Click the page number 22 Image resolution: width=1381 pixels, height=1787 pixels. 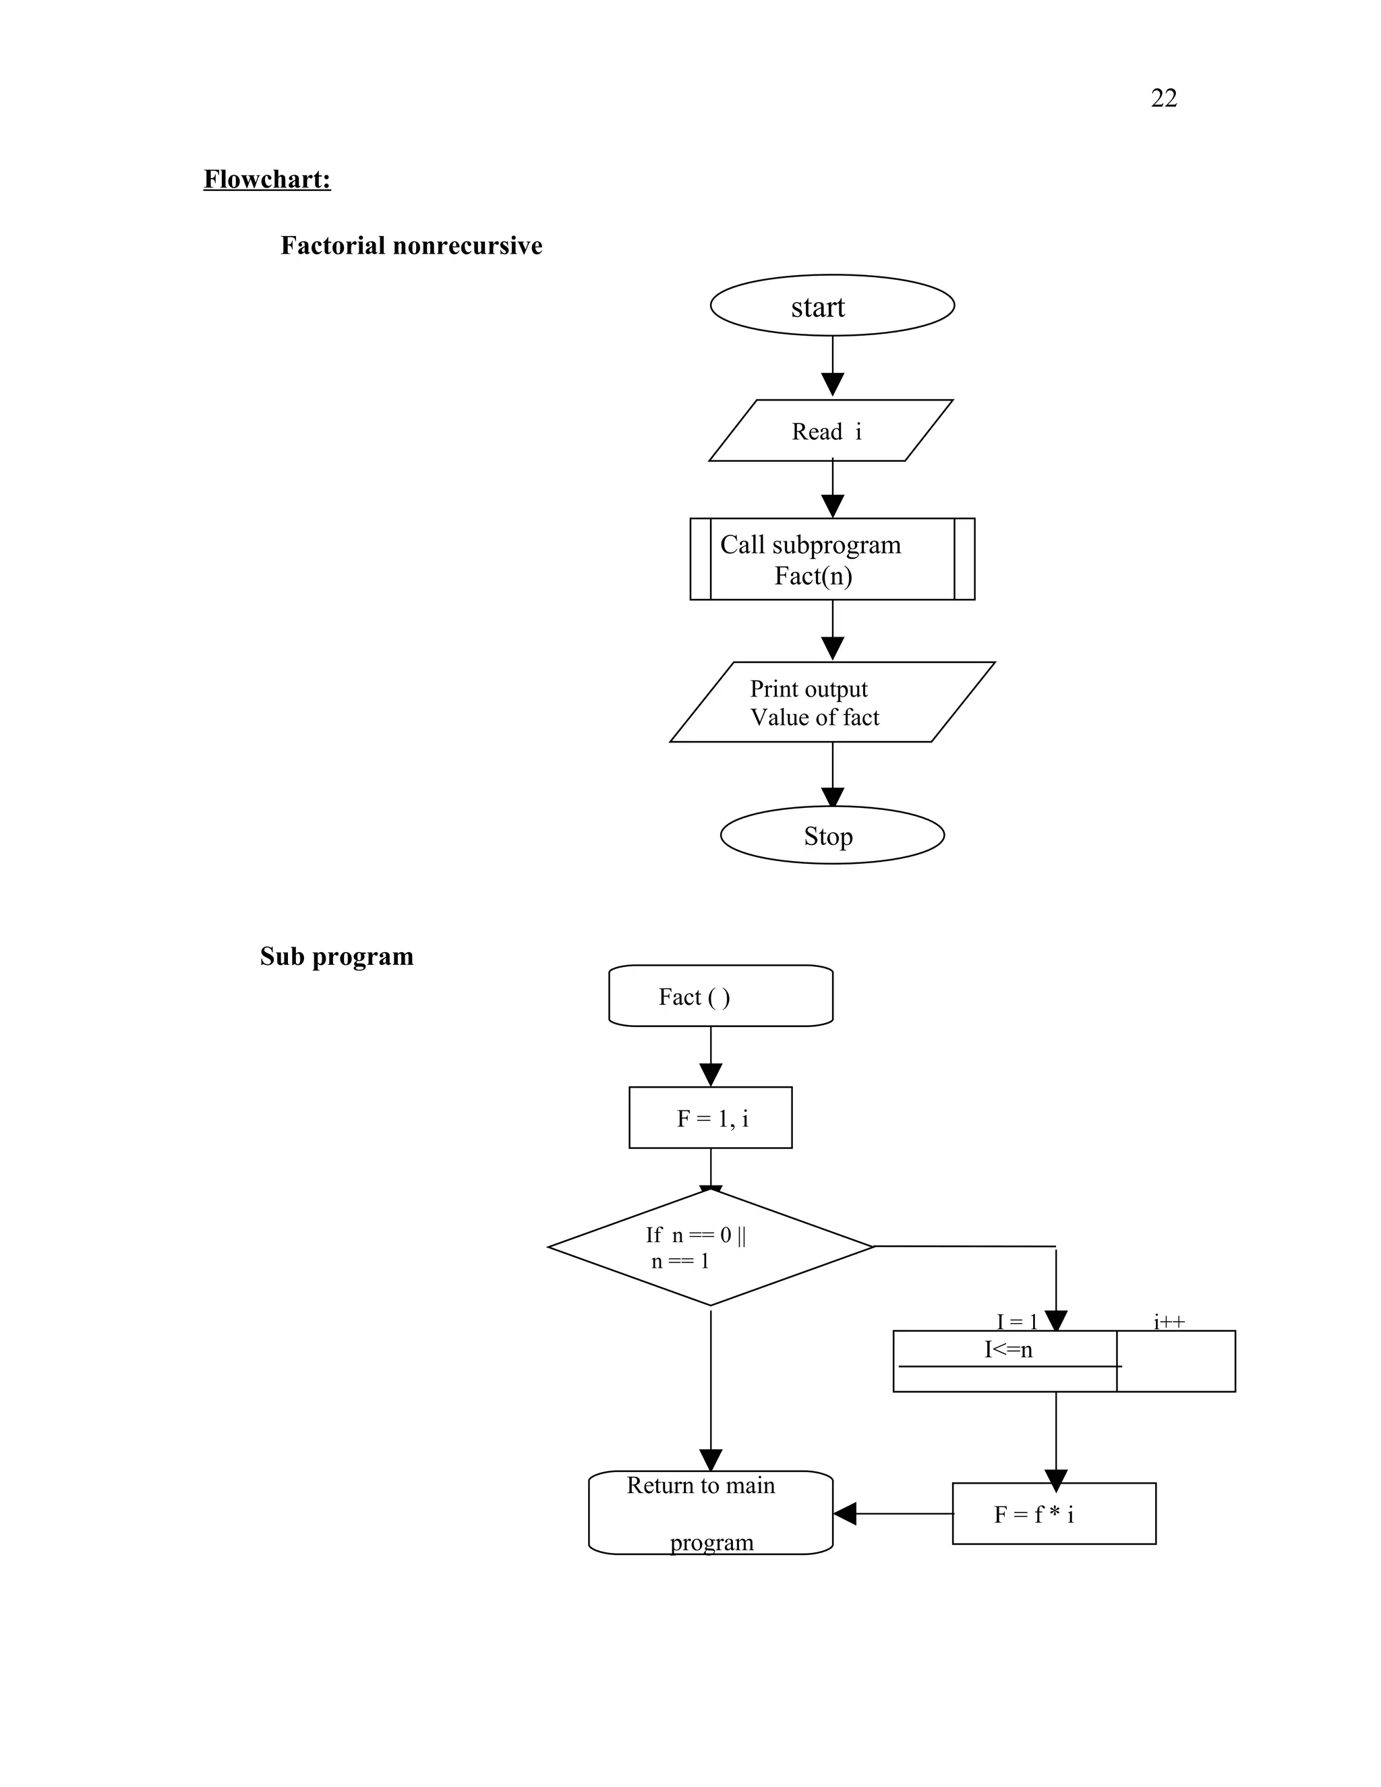tap(1163, 98)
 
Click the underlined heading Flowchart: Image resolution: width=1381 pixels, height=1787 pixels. tap(267, 179)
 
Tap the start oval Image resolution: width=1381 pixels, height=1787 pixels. tap(832, 305)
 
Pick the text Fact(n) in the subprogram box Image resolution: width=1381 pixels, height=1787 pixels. tap(813, 576)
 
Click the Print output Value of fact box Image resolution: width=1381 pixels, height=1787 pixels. tap(832, 702)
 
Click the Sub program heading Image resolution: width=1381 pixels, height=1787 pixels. tap(336, 956)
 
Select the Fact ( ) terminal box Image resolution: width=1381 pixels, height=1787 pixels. tap(721, 996)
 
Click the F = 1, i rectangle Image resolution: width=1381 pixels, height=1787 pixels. tap(710, 1117)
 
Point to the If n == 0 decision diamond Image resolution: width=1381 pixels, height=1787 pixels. tap(710, 1247)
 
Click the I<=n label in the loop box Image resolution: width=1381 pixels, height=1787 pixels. tap(1008, 1349)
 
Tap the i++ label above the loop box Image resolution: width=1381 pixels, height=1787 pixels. tap(1169, 1322)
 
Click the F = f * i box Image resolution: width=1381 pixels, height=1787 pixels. tap(1054, 1514)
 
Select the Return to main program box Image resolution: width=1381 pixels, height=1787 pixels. tap(710, 1513)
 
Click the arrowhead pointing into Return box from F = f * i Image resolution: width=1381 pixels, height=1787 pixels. tap(844, 1514)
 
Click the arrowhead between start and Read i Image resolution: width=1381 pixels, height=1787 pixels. tap(832, 384)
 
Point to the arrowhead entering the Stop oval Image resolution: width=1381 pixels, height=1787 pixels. tap(832, 797)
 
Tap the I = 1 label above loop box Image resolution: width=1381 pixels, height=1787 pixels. tap(1016, 1322)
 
